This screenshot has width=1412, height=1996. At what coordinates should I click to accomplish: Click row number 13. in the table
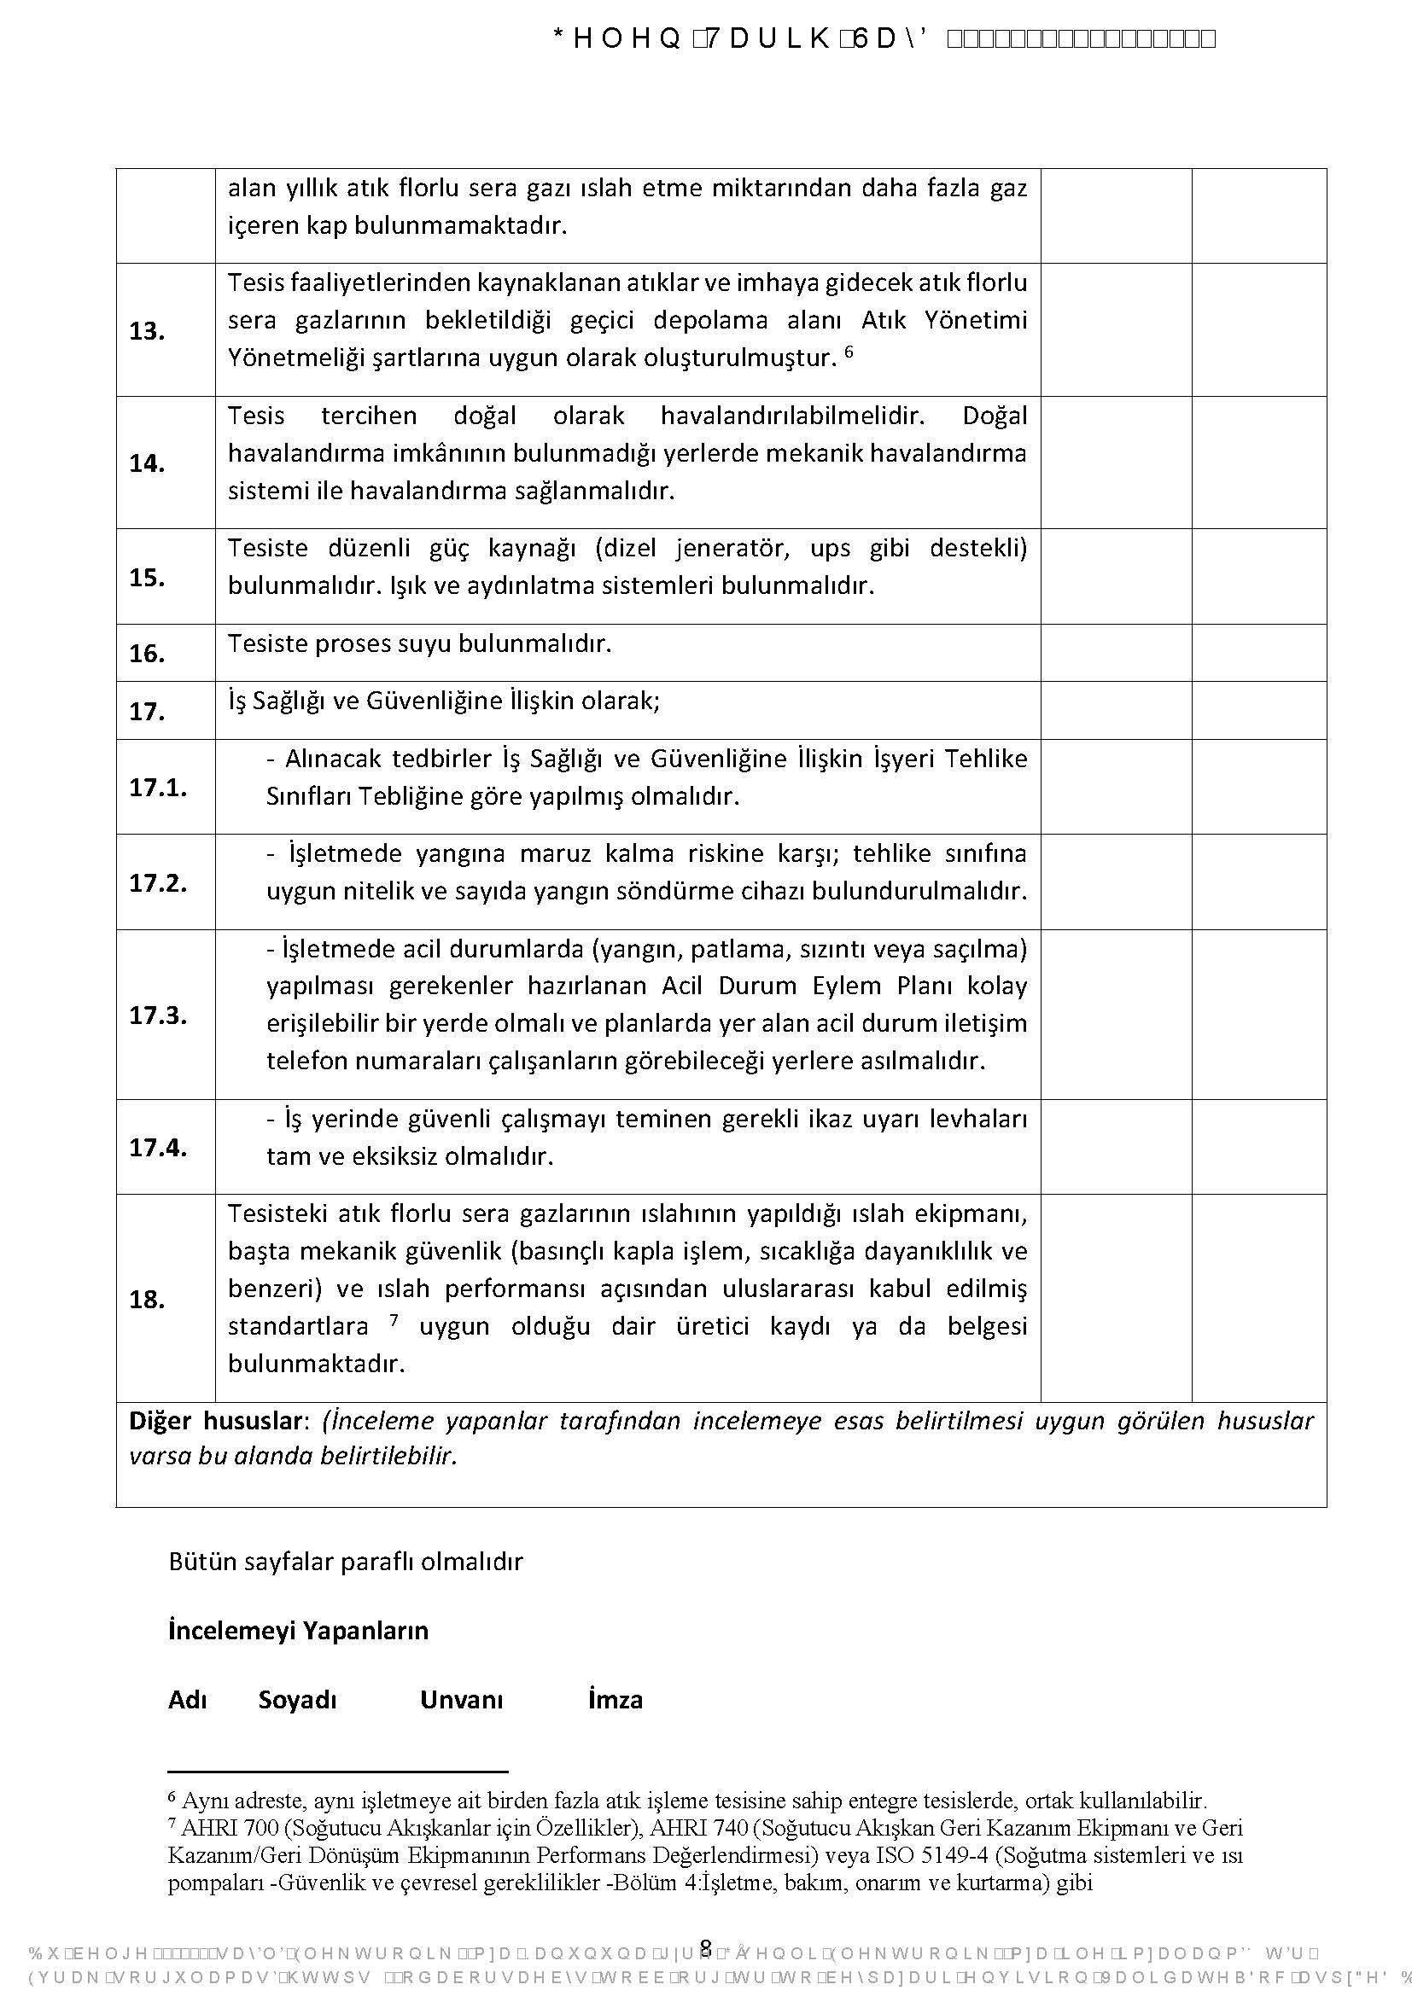[x=147, y=331]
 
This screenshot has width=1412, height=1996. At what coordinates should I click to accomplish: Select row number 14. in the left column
[x=147, y=463]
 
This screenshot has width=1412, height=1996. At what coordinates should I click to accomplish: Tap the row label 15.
[x=147, y=577]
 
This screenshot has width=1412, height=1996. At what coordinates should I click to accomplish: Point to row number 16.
[x=147, y=654]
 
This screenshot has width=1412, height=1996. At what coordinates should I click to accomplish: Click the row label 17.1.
[x=157, y=788]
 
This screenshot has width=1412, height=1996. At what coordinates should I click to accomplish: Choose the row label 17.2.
[x=157, y=883]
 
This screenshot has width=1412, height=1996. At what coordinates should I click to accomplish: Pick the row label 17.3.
[x=157, y=1015]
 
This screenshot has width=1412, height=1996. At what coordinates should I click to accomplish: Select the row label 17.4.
[x=157, y=1148]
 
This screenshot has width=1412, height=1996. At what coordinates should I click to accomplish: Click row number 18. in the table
[x=147, y=1300]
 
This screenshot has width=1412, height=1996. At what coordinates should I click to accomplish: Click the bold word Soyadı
[x=296, y=1700]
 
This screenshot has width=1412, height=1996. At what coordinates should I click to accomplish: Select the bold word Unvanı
[x=461, y=1700]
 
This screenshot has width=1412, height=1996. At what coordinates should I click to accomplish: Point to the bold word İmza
[x=615, y=1700]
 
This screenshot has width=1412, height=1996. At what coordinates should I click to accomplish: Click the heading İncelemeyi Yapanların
[x=297, y=1630]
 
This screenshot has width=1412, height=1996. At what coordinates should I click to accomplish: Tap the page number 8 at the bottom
[x=705, y=1947]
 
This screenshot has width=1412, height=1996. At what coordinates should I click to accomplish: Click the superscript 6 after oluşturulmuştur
[x=849, y=352]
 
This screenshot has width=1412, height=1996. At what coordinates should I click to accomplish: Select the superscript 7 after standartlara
[x=394, y=1319]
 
